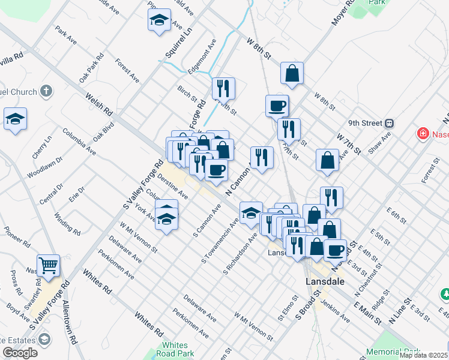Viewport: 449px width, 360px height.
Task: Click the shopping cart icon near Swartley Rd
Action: point(48,265)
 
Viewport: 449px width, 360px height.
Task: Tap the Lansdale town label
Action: point(325,280)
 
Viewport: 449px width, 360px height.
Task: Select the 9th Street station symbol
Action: point(389,123)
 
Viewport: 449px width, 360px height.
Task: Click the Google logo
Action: point(20,352)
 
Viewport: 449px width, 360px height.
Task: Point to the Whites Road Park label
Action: point(175,349)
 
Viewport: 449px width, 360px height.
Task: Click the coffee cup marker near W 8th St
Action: point(277,106)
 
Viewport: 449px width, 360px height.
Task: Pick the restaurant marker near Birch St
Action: point(223,88)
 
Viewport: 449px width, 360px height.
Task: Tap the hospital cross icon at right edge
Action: point(423,133)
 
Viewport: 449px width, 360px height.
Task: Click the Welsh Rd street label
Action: point(99,104)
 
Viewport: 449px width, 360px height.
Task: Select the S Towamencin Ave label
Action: point(220,241)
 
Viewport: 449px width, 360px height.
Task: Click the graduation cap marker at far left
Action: point(15,119)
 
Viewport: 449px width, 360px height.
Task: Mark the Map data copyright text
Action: point(423,355)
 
